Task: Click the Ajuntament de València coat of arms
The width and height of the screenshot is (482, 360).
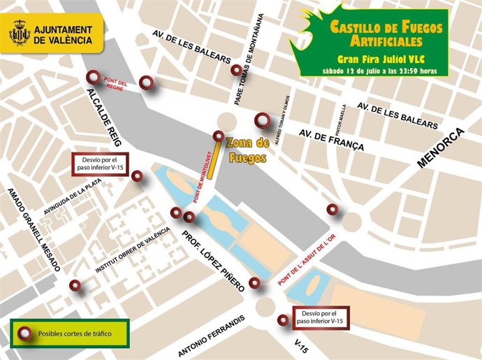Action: pyautogui.click(x=20, y=34)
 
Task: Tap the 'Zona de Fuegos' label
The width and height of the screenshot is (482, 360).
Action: pyautogui.click(x=247, y=150)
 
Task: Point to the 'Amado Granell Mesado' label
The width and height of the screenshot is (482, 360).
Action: pyautogui.click(x=35, y=229)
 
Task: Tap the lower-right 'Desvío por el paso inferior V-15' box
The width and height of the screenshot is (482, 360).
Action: pyautogui.click(x=321, y=317)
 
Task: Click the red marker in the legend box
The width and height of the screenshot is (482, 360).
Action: pyautogui.click(x=27, y=334)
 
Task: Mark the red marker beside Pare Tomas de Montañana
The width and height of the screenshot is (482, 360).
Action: pyautogui.click(x=236, y=70)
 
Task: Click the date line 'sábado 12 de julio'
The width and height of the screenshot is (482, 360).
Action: pyautogui.click(x=374, y=71)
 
